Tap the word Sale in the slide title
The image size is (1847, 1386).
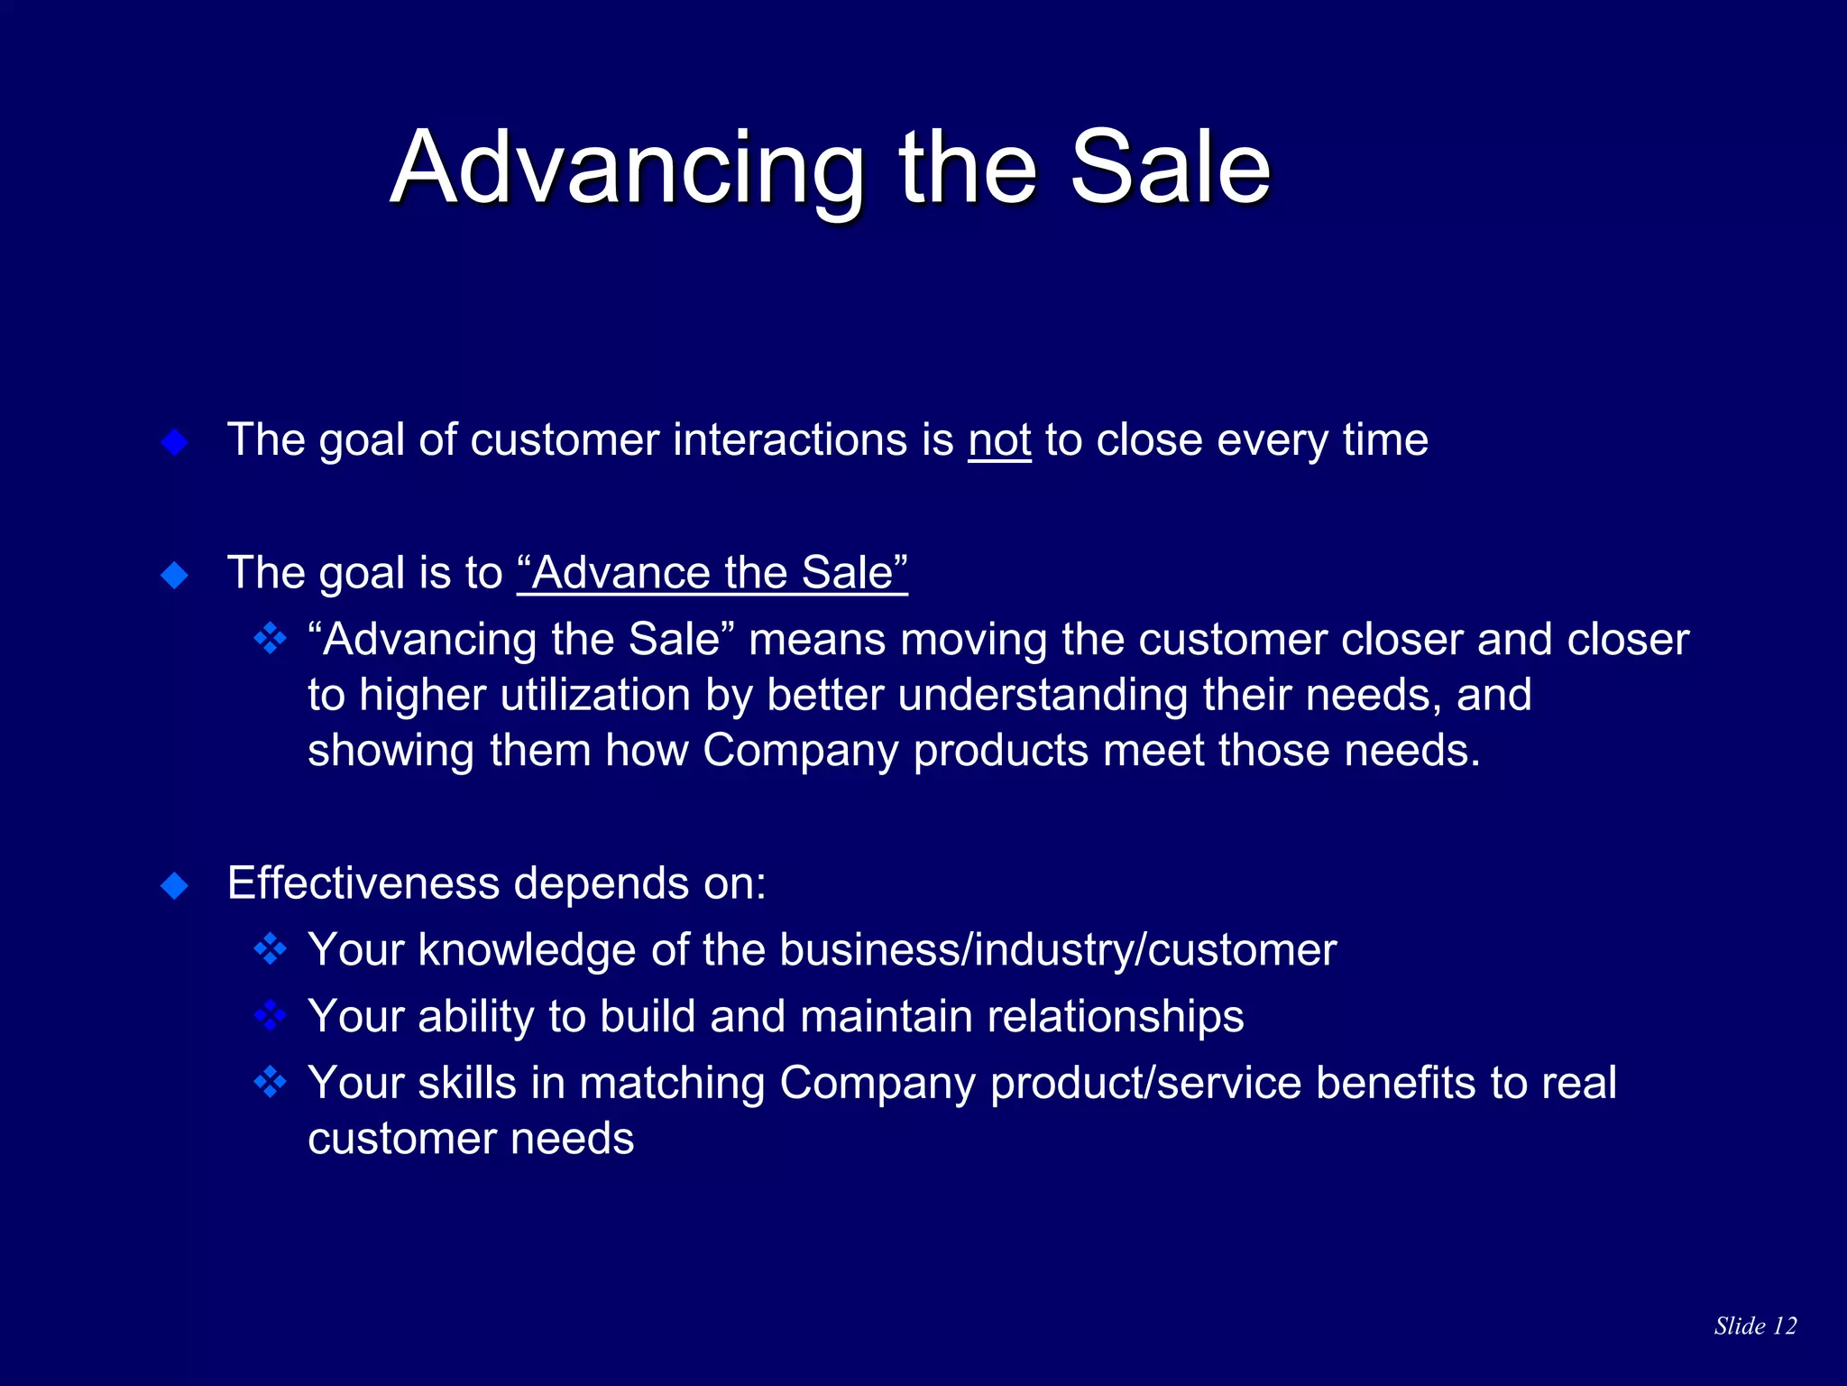1170,169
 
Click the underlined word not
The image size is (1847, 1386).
999,440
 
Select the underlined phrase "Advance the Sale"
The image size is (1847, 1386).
712,573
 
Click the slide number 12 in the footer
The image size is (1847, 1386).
1784,1326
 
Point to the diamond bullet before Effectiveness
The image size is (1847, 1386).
174,885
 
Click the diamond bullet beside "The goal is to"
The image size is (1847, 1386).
174,575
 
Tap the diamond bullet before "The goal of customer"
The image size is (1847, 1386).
174,442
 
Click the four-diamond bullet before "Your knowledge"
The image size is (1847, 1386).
270,949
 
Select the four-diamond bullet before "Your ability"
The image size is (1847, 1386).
270,1016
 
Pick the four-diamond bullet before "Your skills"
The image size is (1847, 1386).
270,1082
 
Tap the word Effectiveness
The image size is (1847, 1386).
363,883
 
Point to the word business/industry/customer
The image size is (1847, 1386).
1058,950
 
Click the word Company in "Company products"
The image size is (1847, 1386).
800,751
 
